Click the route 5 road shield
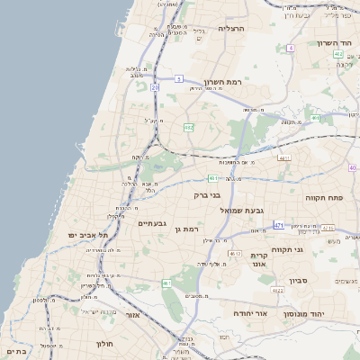179,78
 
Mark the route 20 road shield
155,87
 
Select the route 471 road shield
279,225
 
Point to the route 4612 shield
233,255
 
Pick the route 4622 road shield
278,290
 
